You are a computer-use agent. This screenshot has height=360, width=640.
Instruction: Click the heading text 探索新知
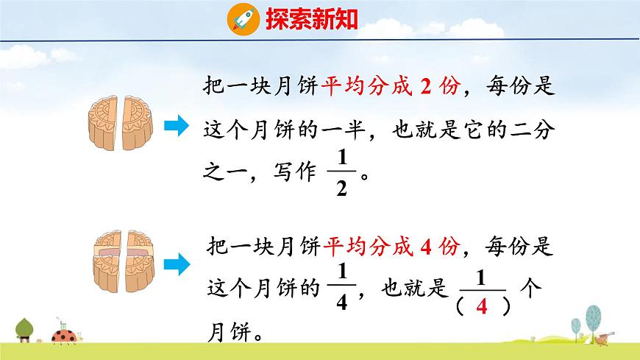311,18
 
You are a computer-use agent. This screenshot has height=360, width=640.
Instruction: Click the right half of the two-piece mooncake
136,123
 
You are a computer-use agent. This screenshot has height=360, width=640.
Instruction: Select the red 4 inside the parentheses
482,307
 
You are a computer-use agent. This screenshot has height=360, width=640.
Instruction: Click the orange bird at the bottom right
602,339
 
